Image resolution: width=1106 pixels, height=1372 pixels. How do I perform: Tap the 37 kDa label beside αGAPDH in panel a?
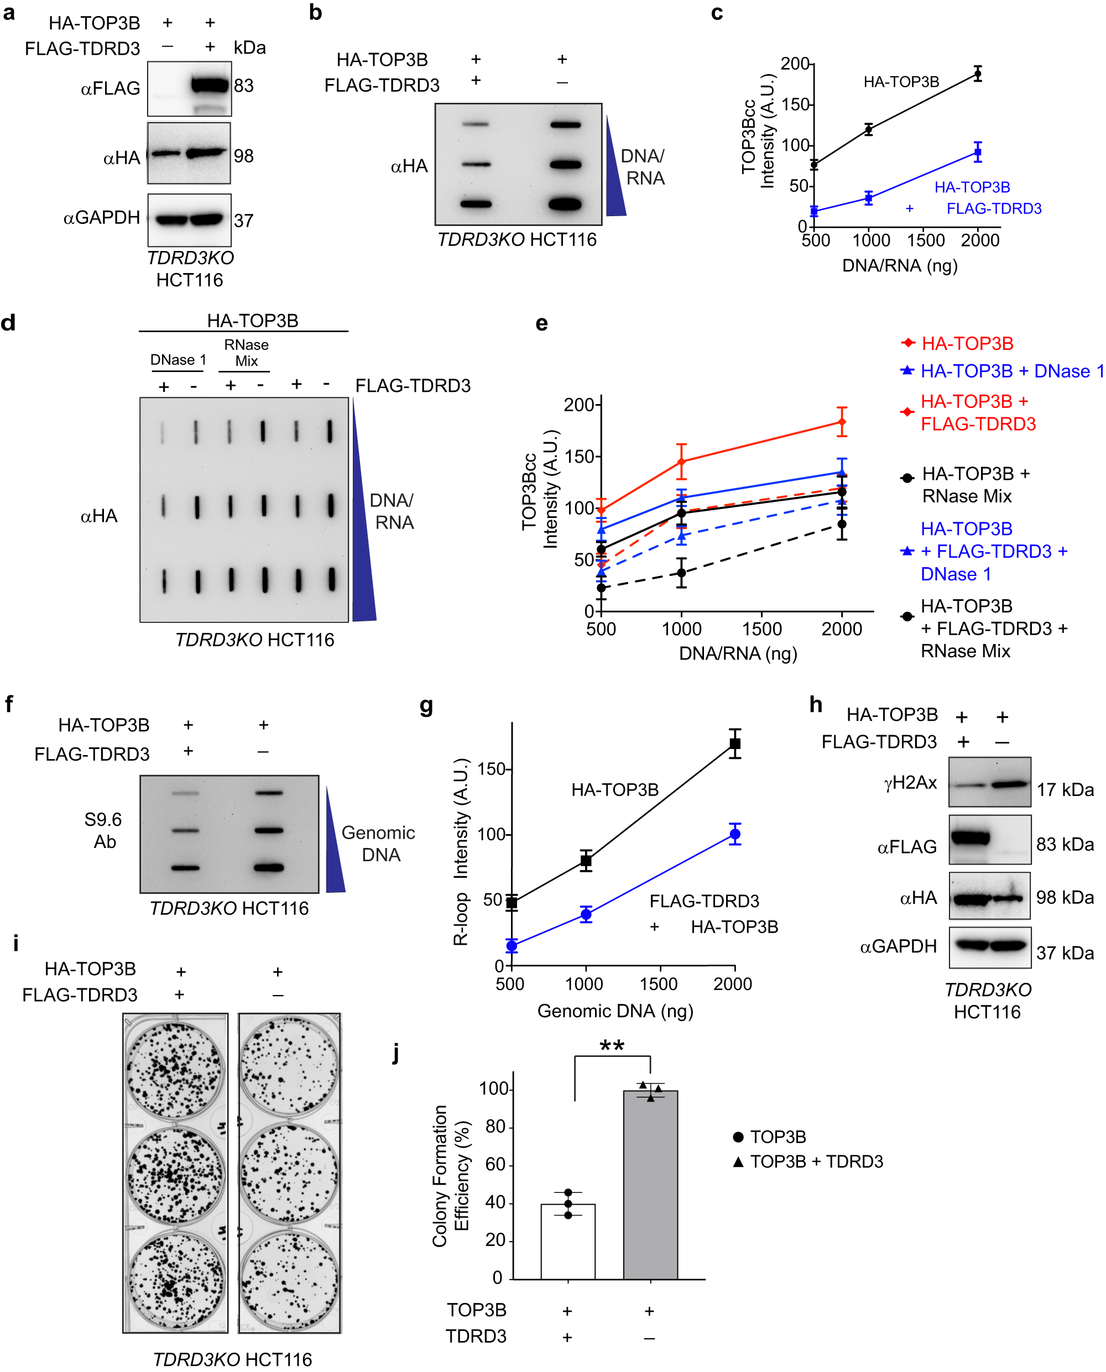click(x=243, y=221)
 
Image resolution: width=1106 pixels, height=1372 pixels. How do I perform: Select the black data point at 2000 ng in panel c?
click(x=977, y=74)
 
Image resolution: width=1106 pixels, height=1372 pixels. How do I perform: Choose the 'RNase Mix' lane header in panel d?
click(x=246, y=353)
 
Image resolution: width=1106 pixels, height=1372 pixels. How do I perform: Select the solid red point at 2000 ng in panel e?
click(x=842, y=422)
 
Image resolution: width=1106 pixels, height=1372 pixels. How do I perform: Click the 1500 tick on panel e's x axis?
click(x=762, y=629)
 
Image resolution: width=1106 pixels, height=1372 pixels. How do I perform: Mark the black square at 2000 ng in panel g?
click(x=734, y=743)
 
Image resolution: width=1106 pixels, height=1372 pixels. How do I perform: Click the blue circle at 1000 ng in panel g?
click(x=586, y=915)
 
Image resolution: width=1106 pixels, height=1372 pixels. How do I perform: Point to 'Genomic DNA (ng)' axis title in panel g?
click(x=615, y=1011)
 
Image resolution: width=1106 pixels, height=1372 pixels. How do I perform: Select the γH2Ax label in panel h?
click(x=910, y=783)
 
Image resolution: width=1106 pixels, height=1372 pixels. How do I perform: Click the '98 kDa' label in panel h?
click(x=1065, y=898)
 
